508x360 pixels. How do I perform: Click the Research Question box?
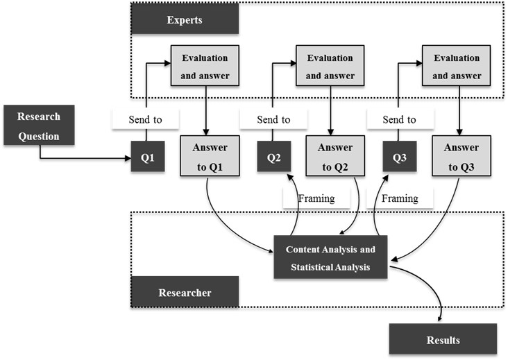point(40,126)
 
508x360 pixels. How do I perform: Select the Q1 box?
point(147,157)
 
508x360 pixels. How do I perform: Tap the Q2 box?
point(273,157)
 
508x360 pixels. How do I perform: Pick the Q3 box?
point(400,157)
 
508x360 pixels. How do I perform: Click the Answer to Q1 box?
point(210,157)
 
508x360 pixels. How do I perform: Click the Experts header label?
point(185,19)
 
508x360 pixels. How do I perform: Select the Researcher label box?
point(185,293)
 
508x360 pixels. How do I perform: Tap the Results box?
point(443,339)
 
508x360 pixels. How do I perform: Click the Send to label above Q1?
point(146,119)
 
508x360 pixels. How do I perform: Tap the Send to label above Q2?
point(273,119)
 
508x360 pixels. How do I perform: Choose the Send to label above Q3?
point(400,119)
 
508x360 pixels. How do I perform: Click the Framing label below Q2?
point(316,198)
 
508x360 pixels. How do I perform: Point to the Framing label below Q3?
point(400,198)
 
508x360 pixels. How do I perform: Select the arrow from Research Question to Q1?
point(83,158)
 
